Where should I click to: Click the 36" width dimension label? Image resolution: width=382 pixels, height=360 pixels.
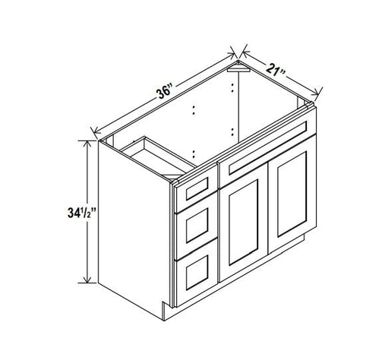click(x=165, y=92)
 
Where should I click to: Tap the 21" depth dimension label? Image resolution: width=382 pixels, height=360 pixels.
click(x=276, y=68)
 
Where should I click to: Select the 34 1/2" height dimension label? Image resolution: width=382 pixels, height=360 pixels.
click(x=82, y=213)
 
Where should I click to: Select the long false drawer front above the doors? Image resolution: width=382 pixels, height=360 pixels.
click(x=268, y=147)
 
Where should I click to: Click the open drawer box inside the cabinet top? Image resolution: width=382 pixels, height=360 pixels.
click(x=158, y=158)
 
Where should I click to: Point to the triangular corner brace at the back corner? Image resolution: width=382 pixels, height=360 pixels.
click(x=238, y=68)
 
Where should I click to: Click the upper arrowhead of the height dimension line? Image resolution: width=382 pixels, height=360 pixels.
click(x=87, y=144)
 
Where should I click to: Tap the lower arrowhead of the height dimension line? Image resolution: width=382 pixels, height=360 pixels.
click(x=87, y=279)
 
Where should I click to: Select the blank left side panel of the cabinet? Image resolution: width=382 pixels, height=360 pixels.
click(x=134, y=228)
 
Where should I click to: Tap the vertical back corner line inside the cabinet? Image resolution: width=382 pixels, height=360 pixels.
click(x=238, y=106)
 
